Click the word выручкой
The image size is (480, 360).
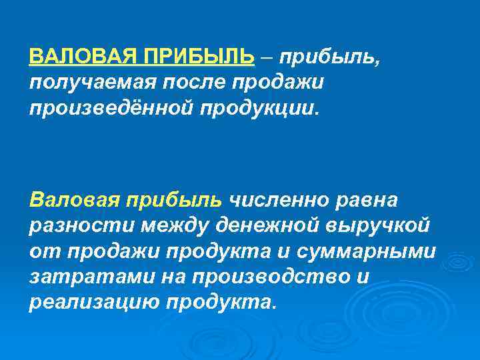[378, 225]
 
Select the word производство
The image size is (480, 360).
[258, 277]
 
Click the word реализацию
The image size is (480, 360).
[94, 302]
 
